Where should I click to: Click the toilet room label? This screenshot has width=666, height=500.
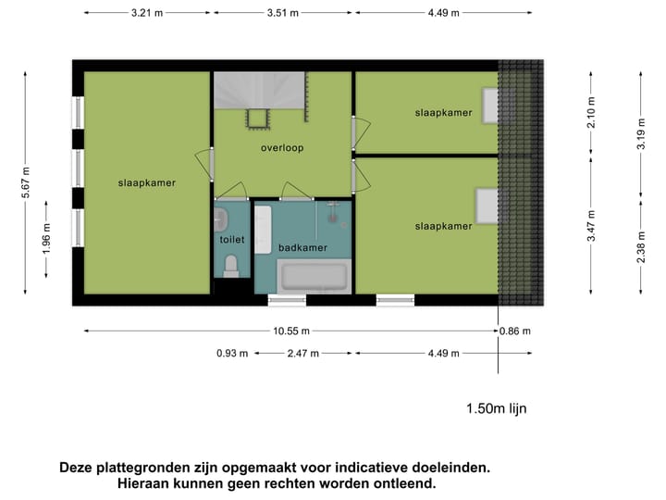tap(232, 239)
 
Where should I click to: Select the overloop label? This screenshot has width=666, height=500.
tap(282, 147)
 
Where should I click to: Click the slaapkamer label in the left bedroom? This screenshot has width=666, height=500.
tap(146, 182)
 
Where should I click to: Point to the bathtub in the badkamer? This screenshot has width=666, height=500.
tap(313, 277)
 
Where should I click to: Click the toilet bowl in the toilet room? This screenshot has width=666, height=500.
tap(232, 267)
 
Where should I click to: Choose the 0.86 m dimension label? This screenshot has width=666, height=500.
tap(516, 331)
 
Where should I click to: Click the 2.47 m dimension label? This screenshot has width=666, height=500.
tap(302, 353)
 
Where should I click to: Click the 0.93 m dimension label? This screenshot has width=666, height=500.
tap(232, 353)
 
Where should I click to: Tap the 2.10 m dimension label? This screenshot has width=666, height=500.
tap(592, 112)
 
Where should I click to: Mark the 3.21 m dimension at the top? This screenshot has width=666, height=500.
tap(147, 13)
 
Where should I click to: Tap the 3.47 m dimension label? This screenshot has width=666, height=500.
tap(592, 225)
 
